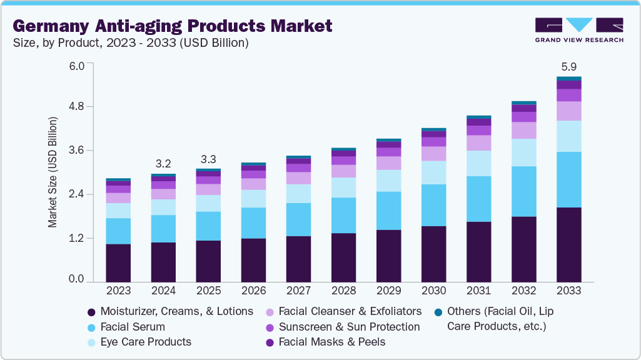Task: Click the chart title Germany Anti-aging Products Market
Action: point(173,26)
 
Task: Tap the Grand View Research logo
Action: point(579,29)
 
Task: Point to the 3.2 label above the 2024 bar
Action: point(163,164)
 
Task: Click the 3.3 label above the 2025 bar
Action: point(208,158)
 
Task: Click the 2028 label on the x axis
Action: point(343,291)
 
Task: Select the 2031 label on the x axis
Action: point(478,291)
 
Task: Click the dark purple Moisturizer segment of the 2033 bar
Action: point(568,244)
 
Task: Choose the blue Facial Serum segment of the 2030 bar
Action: point(433,205)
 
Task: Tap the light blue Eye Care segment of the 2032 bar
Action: point(523,152)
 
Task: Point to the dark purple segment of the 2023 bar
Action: point(118,262)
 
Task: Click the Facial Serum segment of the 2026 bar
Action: point(253,222)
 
